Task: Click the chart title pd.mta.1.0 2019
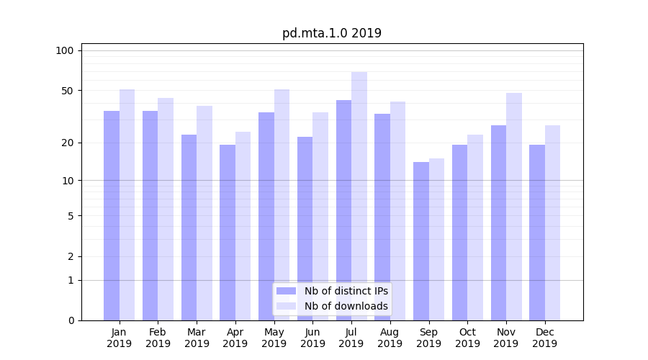[x=332, y=33]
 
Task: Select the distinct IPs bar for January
[x=112, y=216]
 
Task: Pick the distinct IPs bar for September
[x=421, y=241]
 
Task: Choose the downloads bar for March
[x=204, y=213]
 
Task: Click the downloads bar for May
[x=282, y=205]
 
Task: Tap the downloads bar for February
[x=166, y=210]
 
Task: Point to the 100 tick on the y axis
[x=65, y=50]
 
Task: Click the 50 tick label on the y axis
[x=68, y=91]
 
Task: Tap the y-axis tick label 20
[x=68, y=143]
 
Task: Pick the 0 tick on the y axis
[x=71, y=320]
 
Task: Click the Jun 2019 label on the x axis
[x=312, y=338]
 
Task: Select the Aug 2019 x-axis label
[x=390, y=338]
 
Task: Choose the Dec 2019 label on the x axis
[x=545, y=338]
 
